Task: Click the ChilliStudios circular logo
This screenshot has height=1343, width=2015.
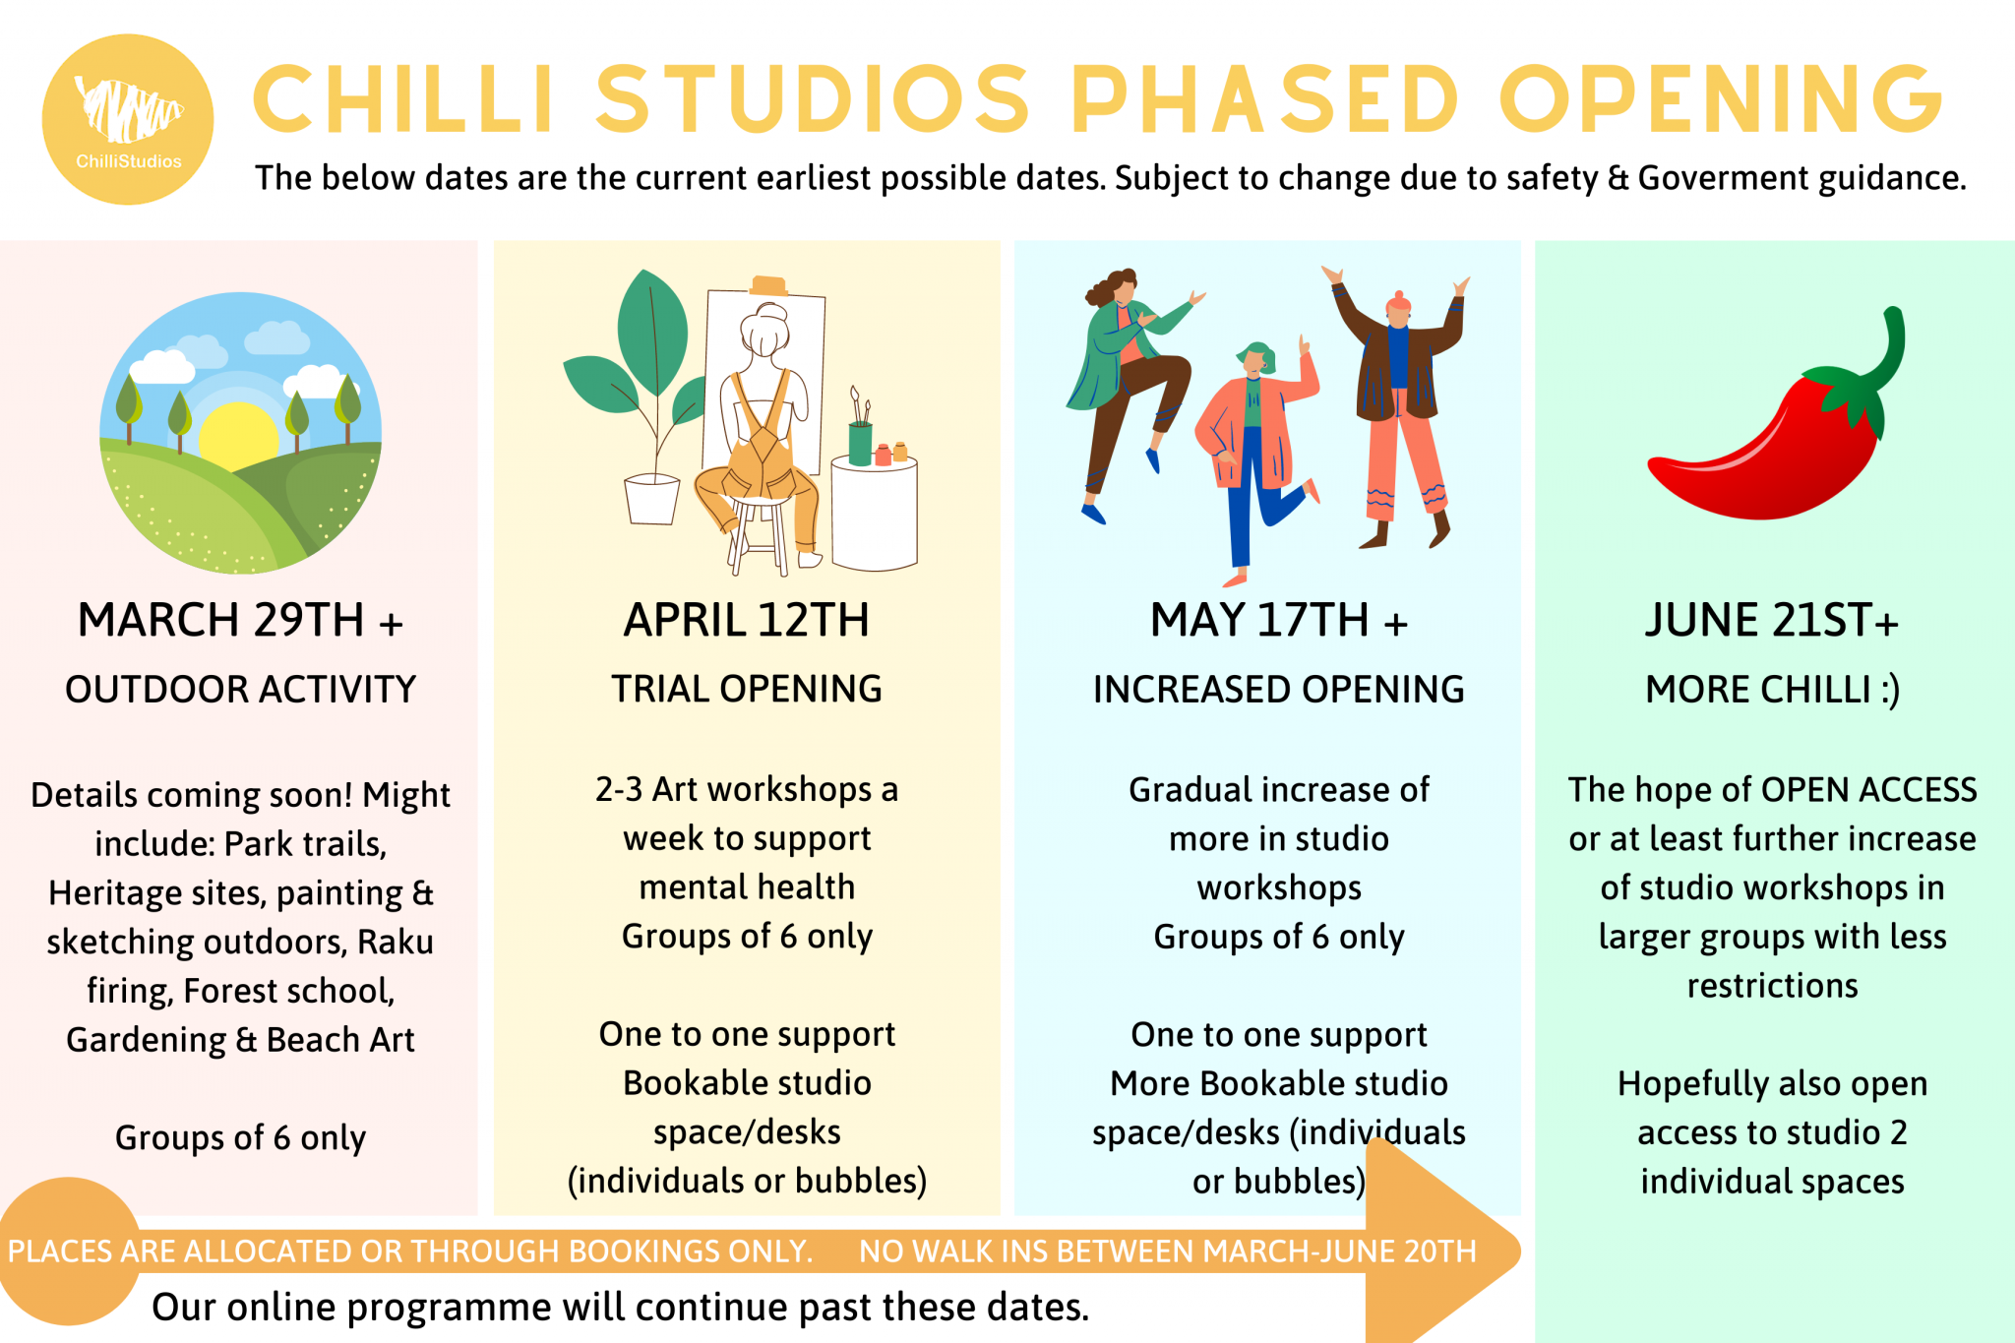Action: [128, 120]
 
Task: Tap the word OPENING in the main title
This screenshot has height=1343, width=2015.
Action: [1721, 98]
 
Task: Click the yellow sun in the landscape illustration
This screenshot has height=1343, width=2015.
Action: [239, 433]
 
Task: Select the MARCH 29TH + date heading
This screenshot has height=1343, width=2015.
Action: [240, 621]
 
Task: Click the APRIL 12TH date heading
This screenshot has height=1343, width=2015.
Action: [746, 621]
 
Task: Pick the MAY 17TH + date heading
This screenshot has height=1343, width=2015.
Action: [1278, 621]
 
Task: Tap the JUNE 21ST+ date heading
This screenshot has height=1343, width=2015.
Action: [1771, 621]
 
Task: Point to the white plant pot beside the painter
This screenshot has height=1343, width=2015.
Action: [651, 499]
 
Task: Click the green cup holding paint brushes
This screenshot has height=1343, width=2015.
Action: [860, 444]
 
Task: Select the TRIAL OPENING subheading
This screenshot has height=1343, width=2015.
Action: [746, 689]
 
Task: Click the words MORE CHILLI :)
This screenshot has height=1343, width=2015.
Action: [1772, 689]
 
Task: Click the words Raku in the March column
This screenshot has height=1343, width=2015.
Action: [395, 942]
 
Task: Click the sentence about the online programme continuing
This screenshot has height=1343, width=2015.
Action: [620, 1307]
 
